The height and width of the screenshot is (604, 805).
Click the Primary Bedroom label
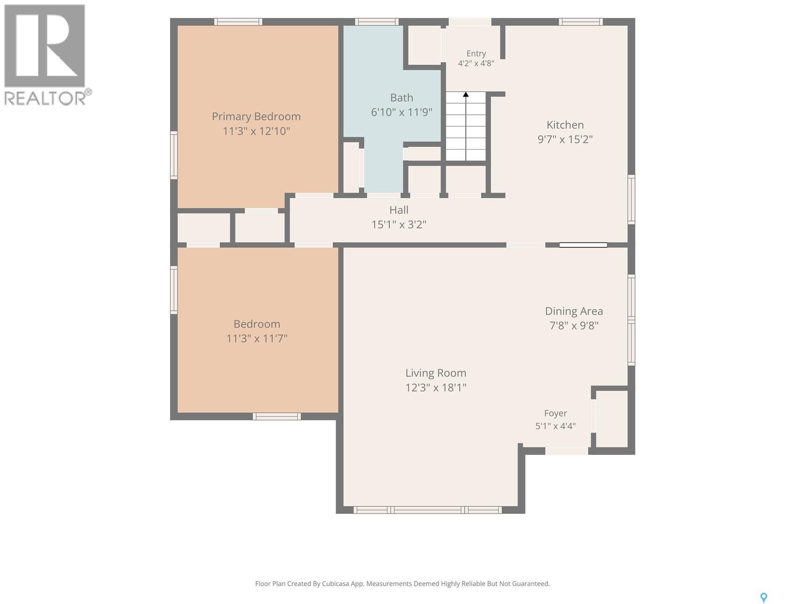tap(256, 117)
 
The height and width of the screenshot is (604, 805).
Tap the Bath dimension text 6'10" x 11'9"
tap(401, 112)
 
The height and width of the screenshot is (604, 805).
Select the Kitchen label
tap(565, 125)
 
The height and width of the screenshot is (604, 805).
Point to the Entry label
tap(476, 53)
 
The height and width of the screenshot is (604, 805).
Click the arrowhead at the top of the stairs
tap(466, 94)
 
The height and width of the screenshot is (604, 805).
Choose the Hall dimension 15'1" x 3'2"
tap(399, 224)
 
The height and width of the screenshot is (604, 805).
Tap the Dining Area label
tap(574, 311)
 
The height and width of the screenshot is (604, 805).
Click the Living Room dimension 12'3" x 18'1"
tap(436, 387)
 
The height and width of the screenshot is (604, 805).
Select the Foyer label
tap(555, 413)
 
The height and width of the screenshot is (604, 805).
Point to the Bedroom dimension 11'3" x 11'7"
tap(257, 338)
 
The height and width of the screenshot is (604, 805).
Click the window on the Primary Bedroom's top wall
tap(238, 22)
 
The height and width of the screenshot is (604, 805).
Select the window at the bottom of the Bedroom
tap(277, 416)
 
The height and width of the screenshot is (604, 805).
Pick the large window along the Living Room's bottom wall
tap(428, 510)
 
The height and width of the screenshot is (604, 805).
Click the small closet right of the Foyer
tap(612, 419)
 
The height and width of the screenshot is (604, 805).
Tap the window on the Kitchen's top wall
tap(581, 22)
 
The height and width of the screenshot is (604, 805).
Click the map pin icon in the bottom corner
tap(764, 598)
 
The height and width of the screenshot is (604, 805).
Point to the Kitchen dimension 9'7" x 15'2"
tap(565, 139)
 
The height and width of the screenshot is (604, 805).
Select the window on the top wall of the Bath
tap(377, 22)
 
